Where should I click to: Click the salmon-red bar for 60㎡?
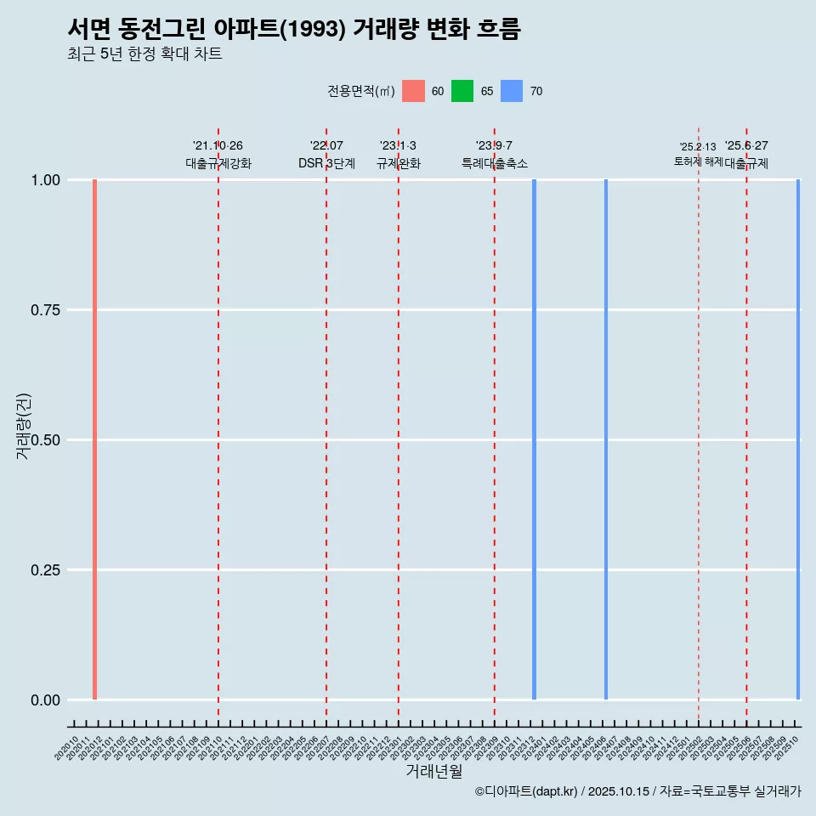pyautogui.click(x=94, y=439)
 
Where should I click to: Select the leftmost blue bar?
pyautogui.click(x=534, y=439)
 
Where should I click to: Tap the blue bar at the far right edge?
pyautogui.click(x=798, y=439)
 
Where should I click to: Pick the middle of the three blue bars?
pyautogui.click(x=606, y=439)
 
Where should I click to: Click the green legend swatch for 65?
pyautogui.click(x=462, y=91)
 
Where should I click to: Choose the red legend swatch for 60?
pyautogui.click(x=413, y=91)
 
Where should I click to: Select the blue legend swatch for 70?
pyautogui.click(x=512, y=91)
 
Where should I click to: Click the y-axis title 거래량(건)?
pyautogui.click(x=24, y=426)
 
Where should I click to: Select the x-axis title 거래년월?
pyautogui.click(x=433, y=771)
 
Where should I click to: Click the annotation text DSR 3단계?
pyautogui.click(x=326, y=163)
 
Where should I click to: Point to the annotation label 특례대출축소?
pyautogui.click(x=495, y=163)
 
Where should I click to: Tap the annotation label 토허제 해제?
pyautogui.click(x=698, y=161)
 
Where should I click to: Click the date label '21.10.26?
pyautogui.click(x=218, y=146)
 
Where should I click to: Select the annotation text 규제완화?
pyautogui.click(x=399, y=163)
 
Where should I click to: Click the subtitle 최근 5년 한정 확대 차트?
pyautogui.click(x=144, y=54)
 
